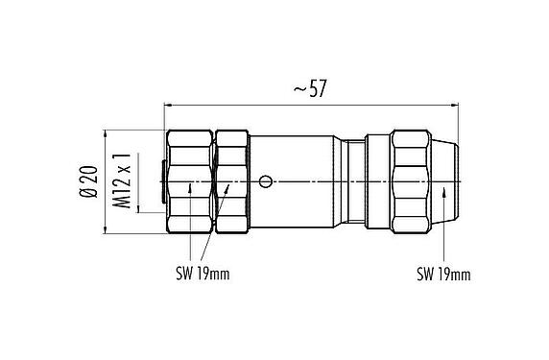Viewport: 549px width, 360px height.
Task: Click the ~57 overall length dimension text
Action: pos(312,88)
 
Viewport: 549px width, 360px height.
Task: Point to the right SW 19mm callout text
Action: pos(443,275)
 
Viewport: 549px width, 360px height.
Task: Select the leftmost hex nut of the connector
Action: pos(190,180)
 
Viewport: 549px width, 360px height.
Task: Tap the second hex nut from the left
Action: pos(231,180)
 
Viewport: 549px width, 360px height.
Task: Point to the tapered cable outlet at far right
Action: pos(450,180)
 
